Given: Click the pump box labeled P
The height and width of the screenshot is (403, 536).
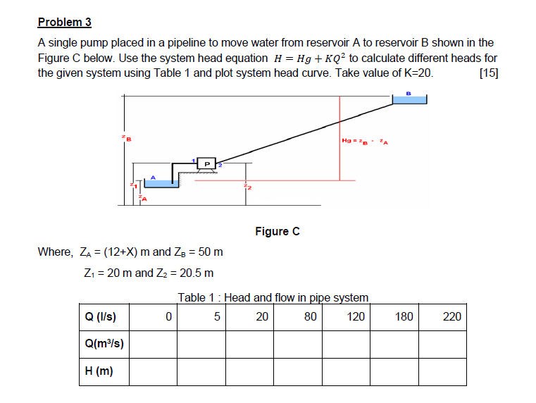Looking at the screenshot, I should click(207, 163).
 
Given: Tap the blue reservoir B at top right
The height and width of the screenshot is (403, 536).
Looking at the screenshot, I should click(409, 100).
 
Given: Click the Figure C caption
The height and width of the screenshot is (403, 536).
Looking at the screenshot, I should click(277, 231).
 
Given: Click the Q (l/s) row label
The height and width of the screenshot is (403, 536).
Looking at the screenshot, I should click(100, 316).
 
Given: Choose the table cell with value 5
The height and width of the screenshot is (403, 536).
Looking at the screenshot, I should click(217, 316).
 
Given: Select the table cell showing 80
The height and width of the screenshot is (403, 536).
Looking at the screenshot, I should click(311, 316).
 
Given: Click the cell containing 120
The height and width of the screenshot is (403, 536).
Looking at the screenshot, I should click(356, 316).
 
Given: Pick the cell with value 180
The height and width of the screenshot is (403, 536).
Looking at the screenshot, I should click(404, 316).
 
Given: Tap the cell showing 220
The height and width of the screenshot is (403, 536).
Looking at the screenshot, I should click(451, 316).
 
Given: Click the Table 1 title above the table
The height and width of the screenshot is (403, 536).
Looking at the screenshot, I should click(273, 297).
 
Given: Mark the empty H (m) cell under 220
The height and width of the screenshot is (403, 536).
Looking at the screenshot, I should click(443, 371).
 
